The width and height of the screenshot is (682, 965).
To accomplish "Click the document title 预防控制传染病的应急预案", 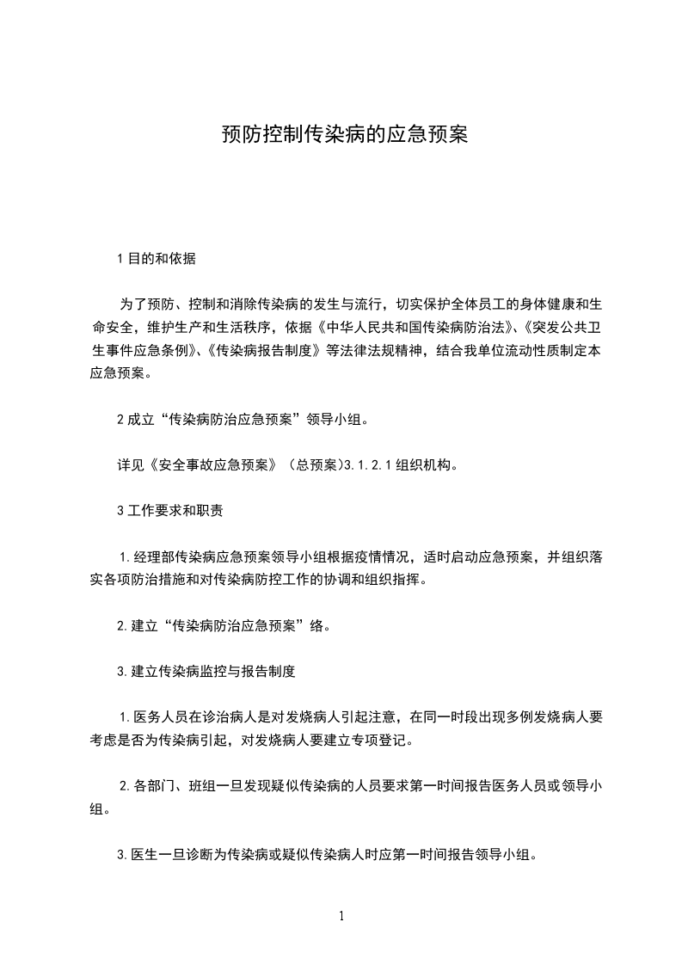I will click(344, 135).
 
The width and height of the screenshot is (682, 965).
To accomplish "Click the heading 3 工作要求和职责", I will click(169, 511).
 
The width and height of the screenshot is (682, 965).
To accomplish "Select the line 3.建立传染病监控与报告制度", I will click(206, 672).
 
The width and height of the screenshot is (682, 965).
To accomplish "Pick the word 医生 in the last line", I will click(144, 855).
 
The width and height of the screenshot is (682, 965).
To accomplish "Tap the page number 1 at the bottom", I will click(341, 916).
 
